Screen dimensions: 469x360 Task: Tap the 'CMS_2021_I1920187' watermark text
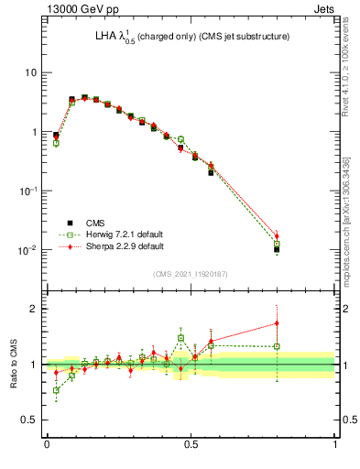(190, 274)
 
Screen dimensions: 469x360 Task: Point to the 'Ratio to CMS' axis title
(15, 365)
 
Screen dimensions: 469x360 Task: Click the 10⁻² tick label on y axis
(28, 249)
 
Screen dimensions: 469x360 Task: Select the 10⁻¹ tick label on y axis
(28, 191)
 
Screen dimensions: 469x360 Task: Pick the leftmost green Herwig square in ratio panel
(56, 390)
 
